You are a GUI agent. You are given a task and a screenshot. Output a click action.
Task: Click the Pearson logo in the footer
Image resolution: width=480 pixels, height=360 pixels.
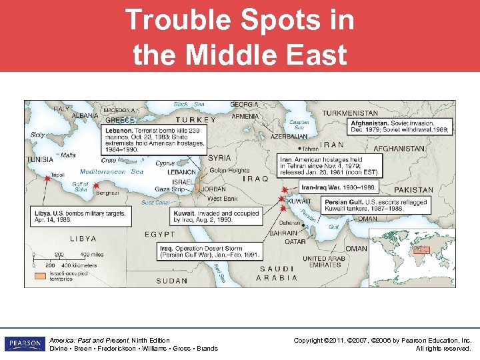[x=25, y=343]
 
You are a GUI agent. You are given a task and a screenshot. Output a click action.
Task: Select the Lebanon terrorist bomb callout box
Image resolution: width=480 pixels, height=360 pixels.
[x=155, y=140]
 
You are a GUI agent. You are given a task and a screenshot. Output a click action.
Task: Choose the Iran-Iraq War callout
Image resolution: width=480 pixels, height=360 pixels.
[x=338, y=187]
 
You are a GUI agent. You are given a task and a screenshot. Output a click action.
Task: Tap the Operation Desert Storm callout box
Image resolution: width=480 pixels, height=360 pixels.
[x=209, y=251]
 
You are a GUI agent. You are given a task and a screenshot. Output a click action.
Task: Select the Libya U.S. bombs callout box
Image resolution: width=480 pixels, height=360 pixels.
[x=81, y=215]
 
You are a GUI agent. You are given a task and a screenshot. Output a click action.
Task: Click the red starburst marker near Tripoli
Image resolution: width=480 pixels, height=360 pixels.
[x=47, y=179]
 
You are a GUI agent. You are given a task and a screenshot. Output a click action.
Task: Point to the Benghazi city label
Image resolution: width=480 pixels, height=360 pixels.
[x=106, y=192]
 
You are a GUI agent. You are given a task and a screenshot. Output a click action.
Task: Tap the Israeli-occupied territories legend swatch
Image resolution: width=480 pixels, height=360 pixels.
[x=41, y=275]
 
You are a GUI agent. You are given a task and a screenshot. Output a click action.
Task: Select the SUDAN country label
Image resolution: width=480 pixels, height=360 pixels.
[x=172, y=281]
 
